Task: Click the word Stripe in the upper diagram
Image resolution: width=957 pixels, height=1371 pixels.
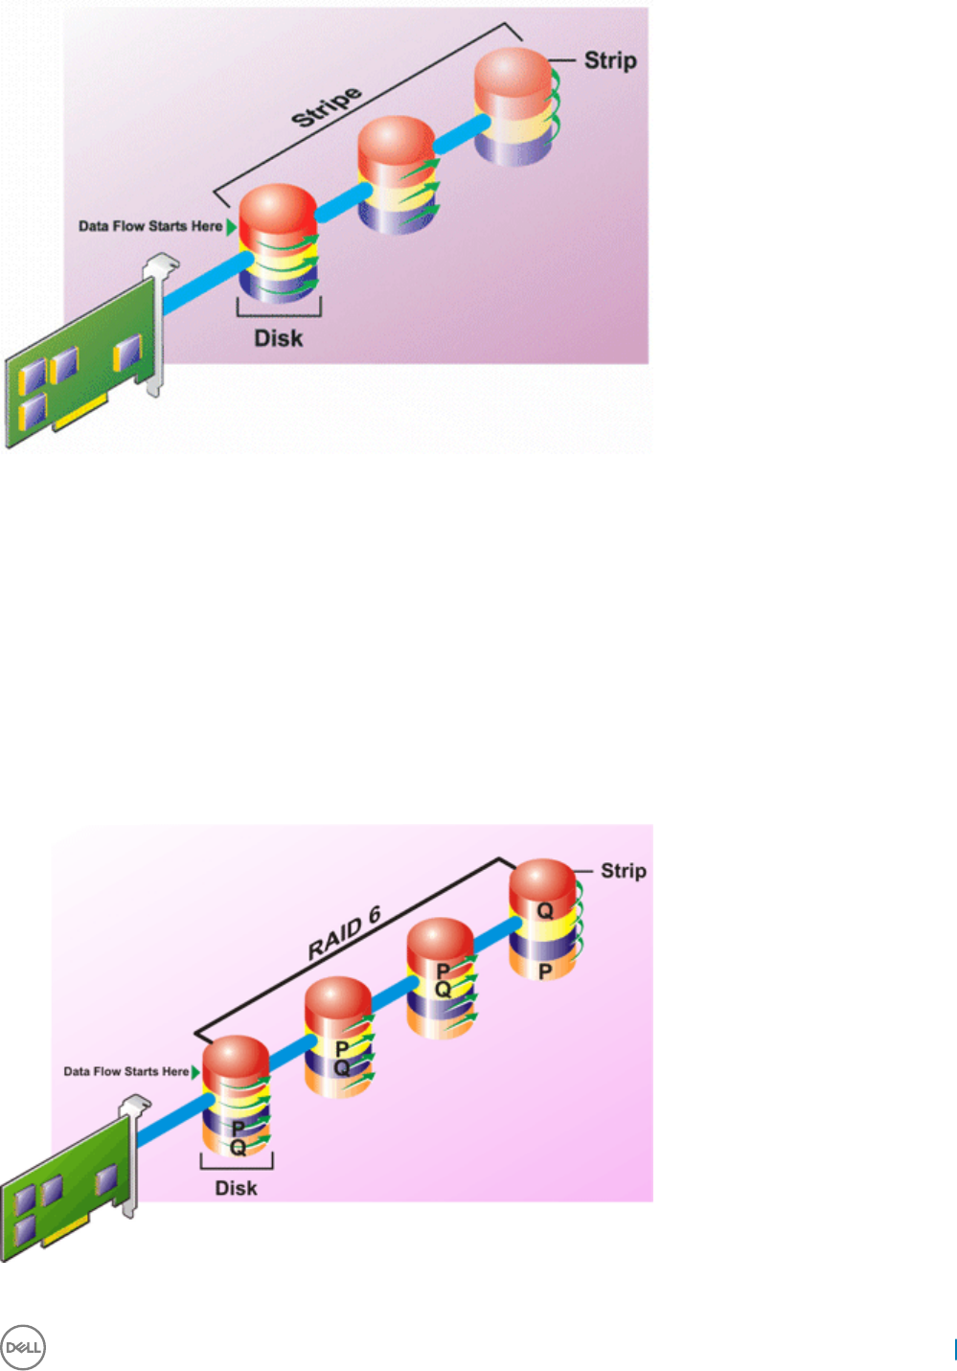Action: [x=327, y=106]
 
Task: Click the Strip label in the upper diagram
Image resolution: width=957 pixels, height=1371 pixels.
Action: [x=610, y=60]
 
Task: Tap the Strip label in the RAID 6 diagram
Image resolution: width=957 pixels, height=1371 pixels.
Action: [x=623, y=871]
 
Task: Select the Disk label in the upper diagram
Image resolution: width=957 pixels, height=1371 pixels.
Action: [x=278, y=338]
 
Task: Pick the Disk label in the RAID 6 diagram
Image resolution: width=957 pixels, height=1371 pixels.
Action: [x=236, y=1188]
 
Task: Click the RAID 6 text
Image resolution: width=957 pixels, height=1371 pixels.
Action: [x=344, y=934]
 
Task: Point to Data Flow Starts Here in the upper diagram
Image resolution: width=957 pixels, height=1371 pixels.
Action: [x=150, y=226]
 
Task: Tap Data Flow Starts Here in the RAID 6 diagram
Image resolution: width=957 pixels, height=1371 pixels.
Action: [x=125, y=1071]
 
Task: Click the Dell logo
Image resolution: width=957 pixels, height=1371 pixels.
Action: [x=23, y=1348]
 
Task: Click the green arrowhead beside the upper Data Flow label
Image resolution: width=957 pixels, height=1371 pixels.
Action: [x=231, y=226]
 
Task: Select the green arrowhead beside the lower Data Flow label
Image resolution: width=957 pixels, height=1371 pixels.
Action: [x=196, y=1071]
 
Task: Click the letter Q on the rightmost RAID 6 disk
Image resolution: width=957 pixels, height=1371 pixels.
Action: [x=544, y=910]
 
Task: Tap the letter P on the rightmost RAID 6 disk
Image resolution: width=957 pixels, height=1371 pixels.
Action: [x=544, y=971]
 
